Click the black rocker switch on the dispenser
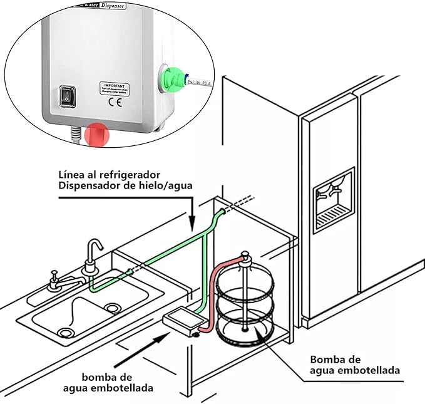click(x=66, y=95)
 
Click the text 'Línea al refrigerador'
click(x=107, y=173)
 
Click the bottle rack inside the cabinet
click(x=245, y=304)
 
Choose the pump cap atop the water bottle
click(x=244, y=257)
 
